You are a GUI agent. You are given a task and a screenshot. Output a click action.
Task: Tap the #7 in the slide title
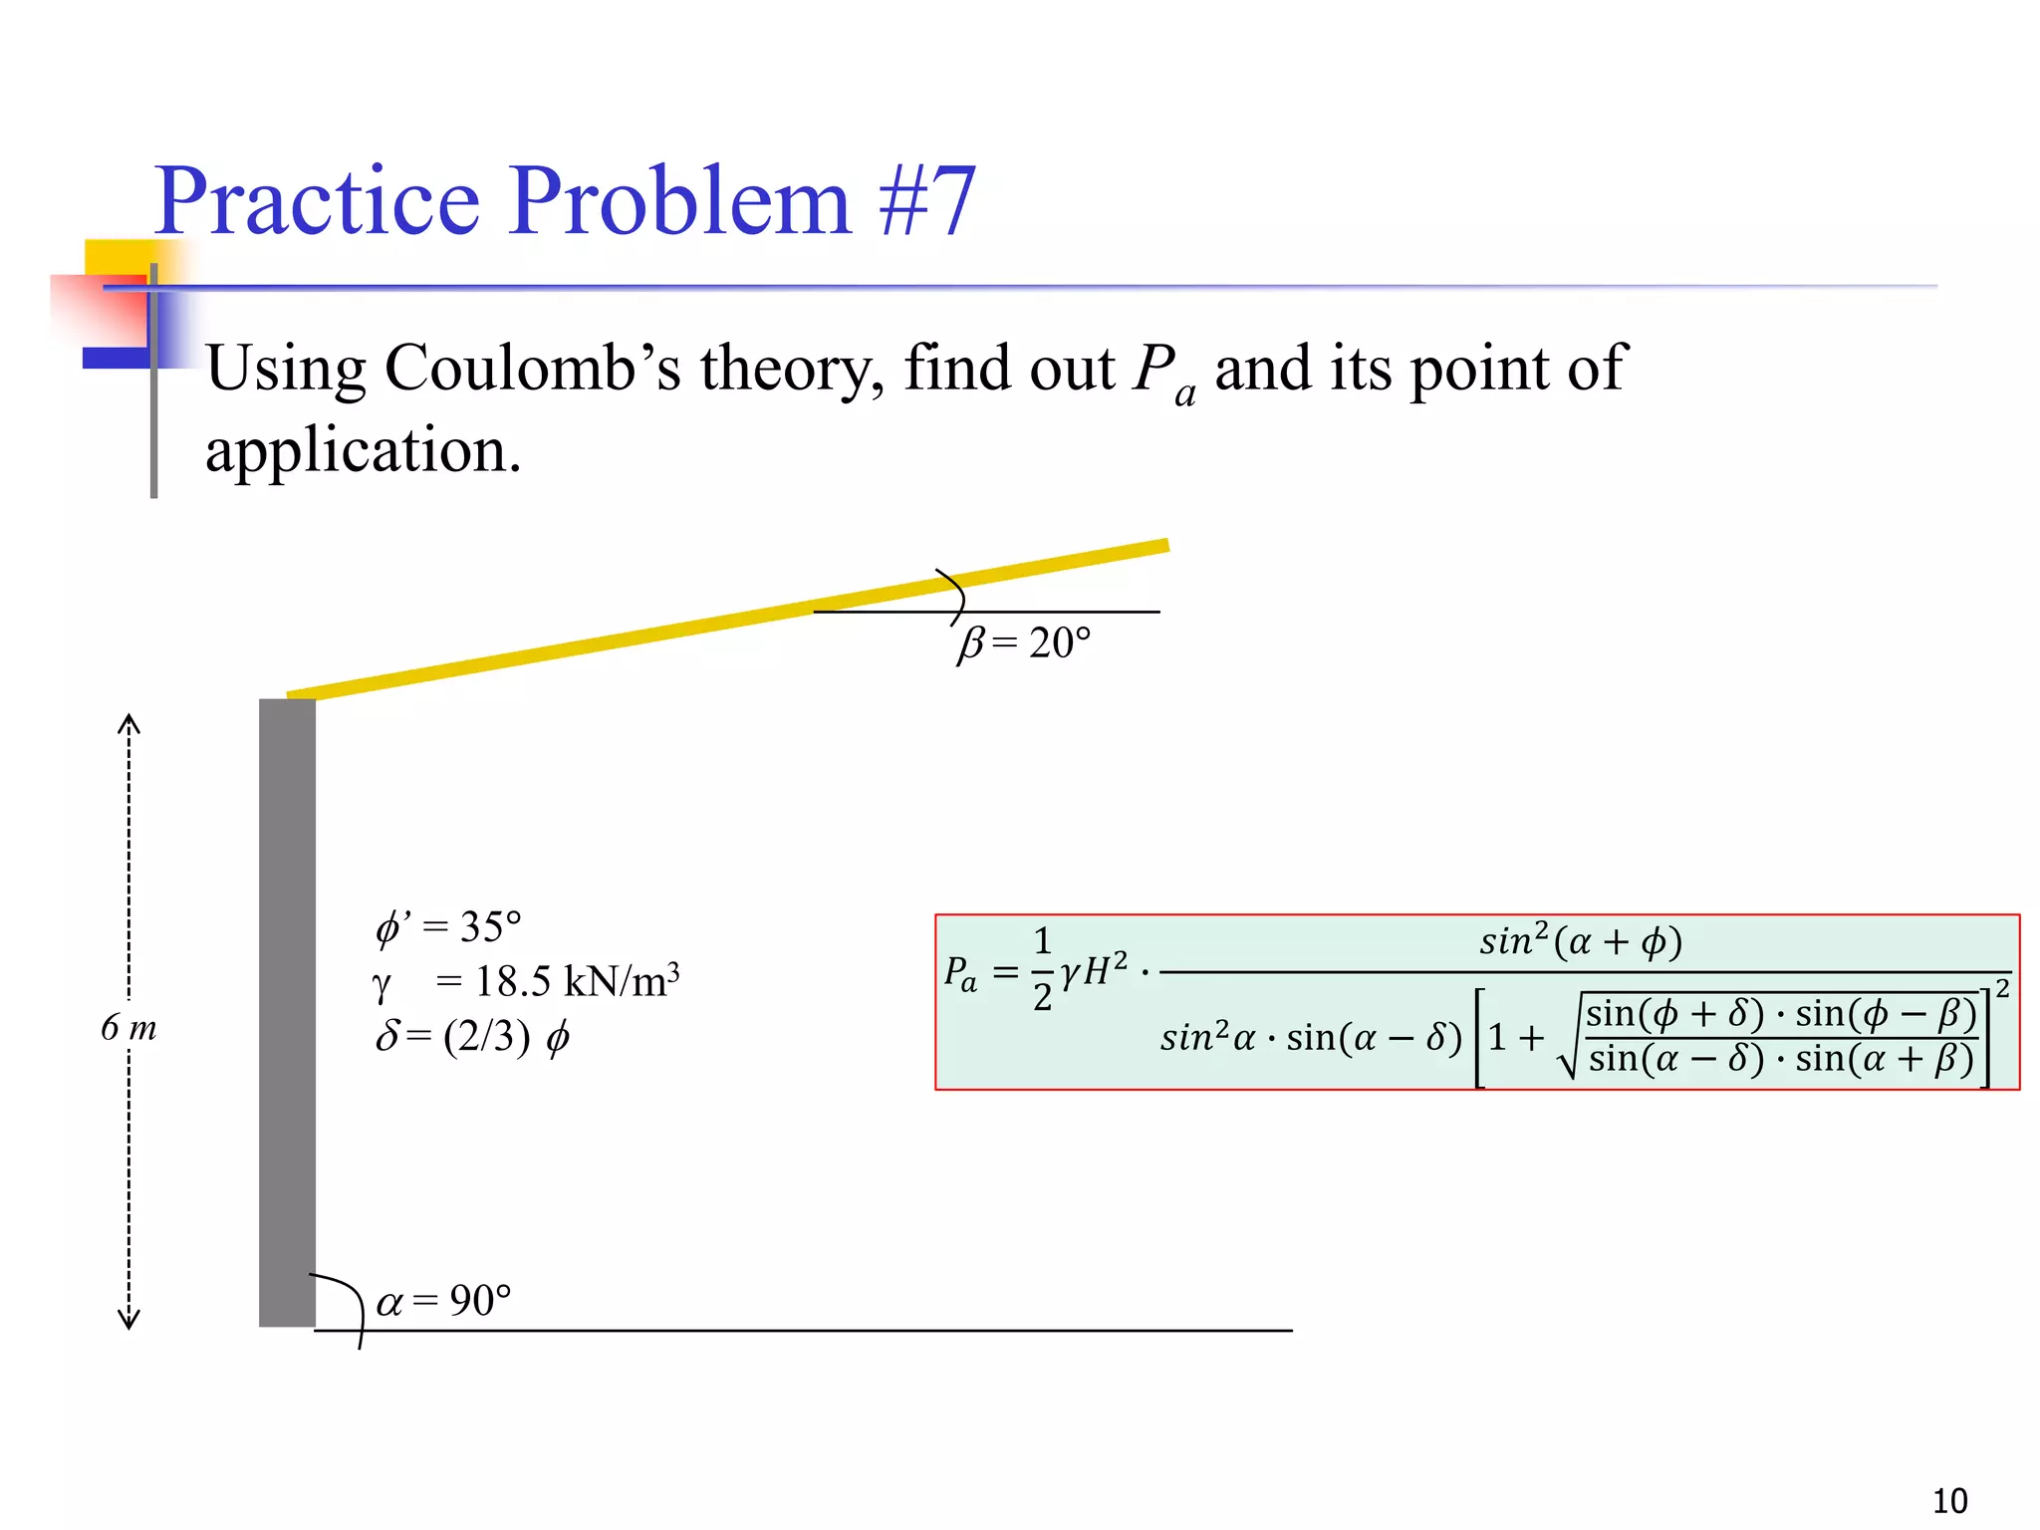926,202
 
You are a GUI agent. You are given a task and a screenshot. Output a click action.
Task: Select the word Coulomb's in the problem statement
532,369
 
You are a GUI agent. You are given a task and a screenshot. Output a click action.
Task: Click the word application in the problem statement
363,450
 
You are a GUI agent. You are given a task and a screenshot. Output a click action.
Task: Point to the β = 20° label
1024,643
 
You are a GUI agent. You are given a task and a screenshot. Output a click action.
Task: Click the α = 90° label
443,1301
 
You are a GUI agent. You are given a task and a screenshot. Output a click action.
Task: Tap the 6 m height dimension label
128,1027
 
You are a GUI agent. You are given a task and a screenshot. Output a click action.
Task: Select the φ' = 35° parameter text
448,927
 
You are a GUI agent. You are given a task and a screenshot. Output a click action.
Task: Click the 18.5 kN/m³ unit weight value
577,982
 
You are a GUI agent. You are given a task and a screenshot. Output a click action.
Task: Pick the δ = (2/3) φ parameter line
472,1037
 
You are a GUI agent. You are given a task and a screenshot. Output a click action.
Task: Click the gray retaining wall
287,1011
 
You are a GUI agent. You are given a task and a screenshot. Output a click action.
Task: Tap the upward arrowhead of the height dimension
128,723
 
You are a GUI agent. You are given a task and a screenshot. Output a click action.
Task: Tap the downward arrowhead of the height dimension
128,1321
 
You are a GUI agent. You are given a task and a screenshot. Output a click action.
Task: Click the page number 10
1949,1500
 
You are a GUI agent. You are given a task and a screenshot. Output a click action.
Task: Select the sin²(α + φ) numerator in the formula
1580,941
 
